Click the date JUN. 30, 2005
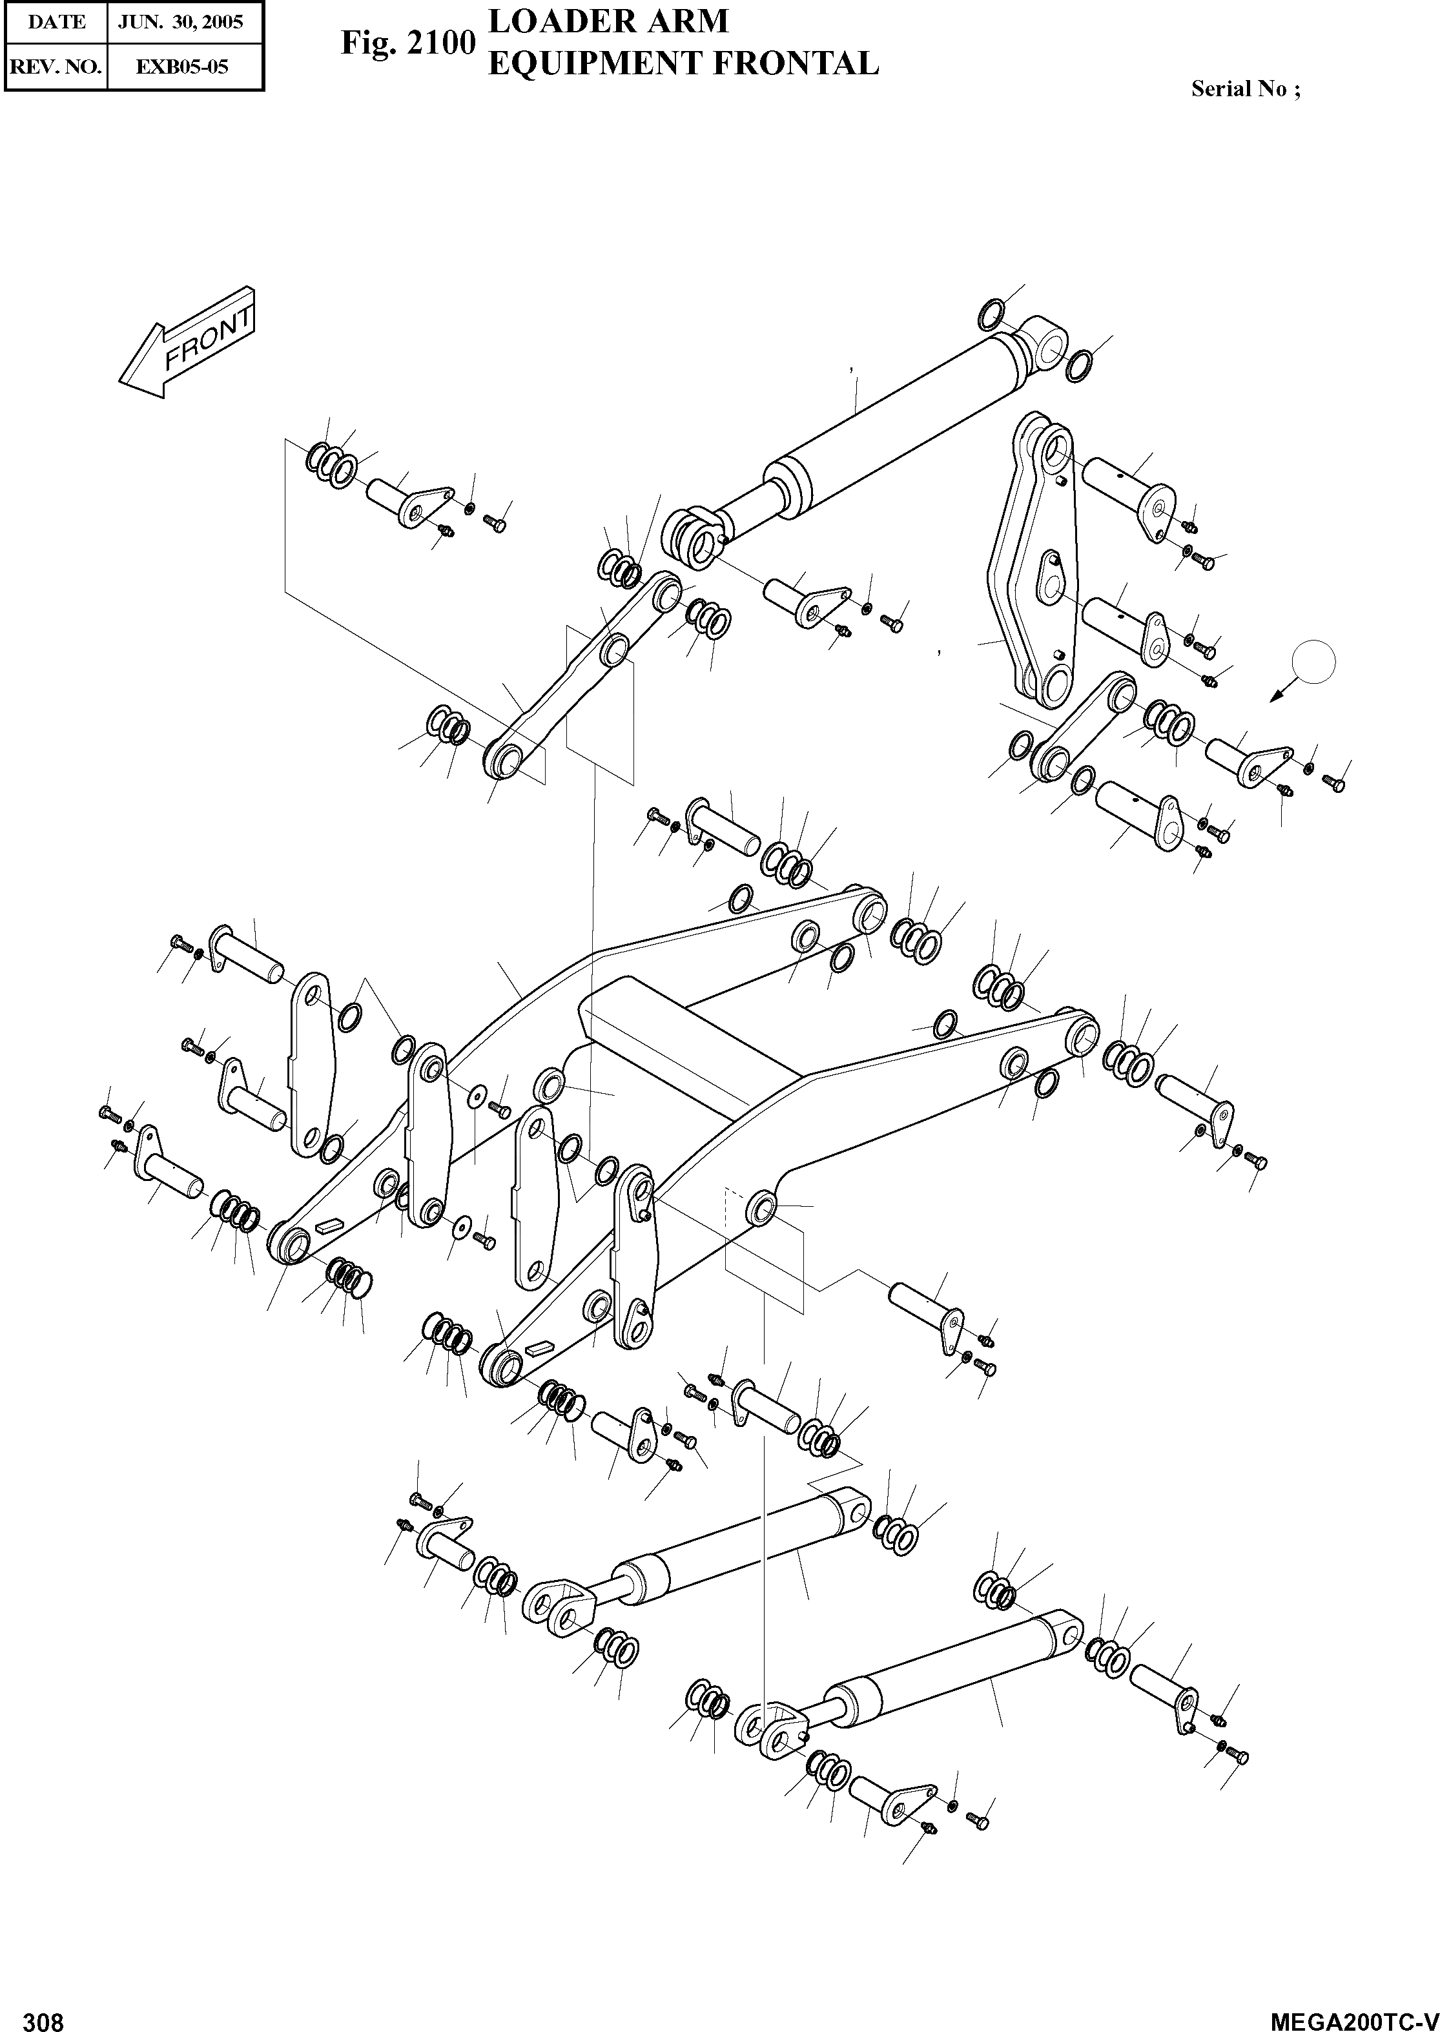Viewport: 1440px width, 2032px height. pyautogui.click(x=186, y=22)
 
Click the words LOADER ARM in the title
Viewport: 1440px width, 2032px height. pyautogui.click(x=609, y=21)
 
